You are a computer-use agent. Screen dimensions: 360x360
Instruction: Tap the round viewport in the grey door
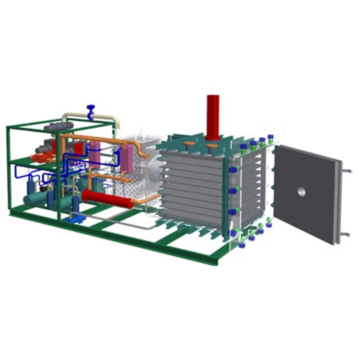pyautogui.click(x=301, y=192)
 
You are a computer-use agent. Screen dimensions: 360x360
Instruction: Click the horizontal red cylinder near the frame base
pyautogui.click(x=107, y=197)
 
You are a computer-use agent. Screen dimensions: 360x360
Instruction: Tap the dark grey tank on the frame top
pyautogui.click(x=59, y=127)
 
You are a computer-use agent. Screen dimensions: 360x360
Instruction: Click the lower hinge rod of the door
pyautogui.click(x=344, y=234)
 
